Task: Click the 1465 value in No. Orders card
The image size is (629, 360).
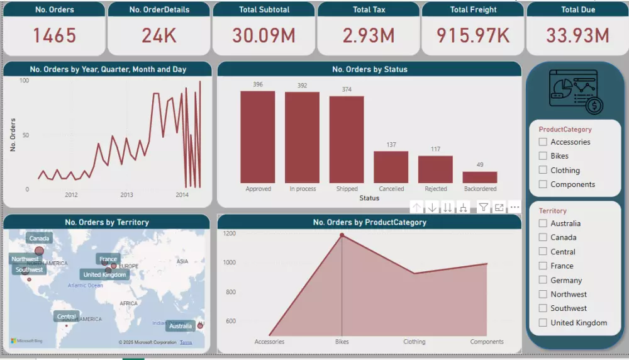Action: (54, 36)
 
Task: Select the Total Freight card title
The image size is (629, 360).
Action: (473, 9)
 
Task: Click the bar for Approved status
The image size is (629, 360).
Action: (258, 137)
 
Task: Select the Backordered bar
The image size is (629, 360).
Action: (480, 177)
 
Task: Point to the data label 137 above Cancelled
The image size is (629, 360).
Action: (391, 145)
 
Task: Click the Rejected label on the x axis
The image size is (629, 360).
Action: (435, 189)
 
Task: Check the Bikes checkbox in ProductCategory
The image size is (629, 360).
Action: (543, 156)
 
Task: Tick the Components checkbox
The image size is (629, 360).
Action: (543, 184)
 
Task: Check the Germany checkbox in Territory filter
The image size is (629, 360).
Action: (543, 280)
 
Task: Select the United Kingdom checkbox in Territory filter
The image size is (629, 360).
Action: (543, 323)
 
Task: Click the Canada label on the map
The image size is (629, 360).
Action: (39, 239)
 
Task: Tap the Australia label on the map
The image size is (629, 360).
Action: (181, 326)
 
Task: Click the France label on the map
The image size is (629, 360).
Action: (108, 259)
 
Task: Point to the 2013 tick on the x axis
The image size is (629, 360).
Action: (126, 195)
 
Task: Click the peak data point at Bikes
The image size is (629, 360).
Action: (342, 235)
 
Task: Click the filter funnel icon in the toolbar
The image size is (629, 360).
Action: (483, 208)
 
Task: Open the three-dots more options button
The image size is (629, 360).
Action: (515, 208)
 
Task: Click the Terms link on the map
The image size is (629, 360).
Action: (186, 342)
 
